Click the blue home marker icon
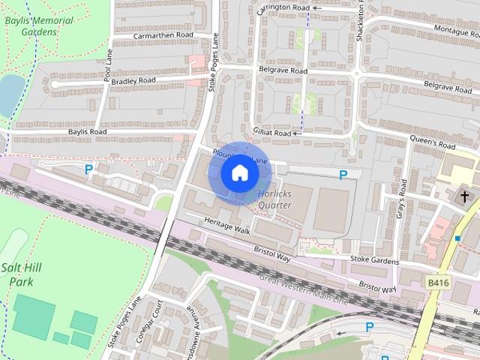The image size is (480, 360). pos(238,172)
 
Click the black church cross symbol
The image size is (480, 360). pos(464,196)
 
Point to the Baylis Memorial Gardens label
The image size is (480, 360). pos(38,26)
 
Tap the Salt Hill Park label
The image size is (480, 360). pos(22,275)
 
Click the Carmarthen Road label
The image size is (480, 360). pos(163,35)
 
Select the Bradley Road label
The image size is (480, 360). pos(133,80)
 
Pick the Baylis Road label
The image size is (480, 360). pos(87,132)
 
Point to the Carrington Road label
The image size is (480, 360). pos(283,7)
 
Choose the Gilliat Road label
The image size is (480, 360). pos(271,132)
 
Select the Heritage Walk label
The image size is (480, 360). pos(227,224)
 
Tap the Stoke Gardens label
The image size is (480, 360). pos(373,259)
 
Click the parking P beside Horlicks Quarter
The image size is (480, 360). pos(343,175)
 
